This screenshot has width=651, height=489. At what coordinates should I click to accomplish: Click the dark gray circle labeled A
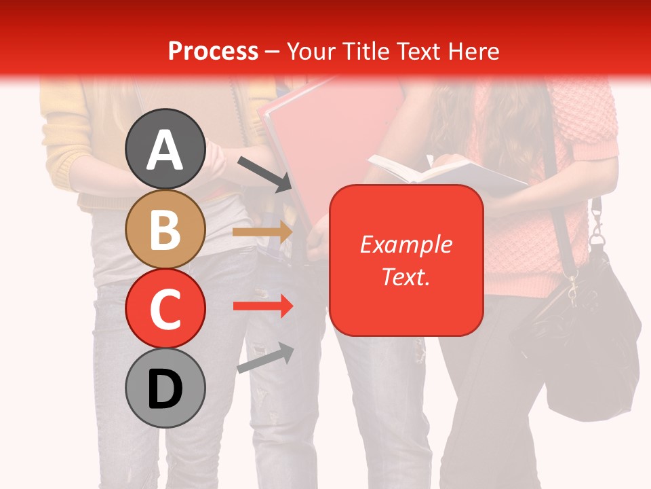click(x=165, y=149)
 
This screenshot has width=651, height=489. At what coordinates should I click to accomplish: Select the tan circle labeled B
click(x=165, y=230)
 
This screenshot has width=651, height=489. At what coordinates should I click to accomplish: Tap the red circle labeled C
click(x=165, y=309)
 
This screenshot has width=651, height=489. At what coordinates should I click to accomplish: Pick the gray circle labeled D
click(x=165, y=388)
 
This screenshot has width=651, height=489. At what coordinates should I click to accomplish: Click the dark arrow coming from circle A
click(x=264, y=174)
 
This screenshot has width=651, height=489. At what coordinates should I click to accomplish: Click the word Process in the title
click(x=213, y=51)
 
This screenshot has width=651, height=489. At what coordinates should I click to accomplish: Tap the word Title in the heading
click(x=366, y=51)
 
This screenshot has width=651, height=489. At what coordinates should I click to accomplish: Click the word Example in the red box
click(x=406, y=244)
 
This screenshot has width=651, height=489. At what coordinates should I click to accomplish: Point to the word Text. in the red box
click(x=406, y=276)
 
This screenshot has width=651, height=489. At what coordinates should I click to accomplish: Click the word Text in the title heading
click(x=418, y=51)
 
